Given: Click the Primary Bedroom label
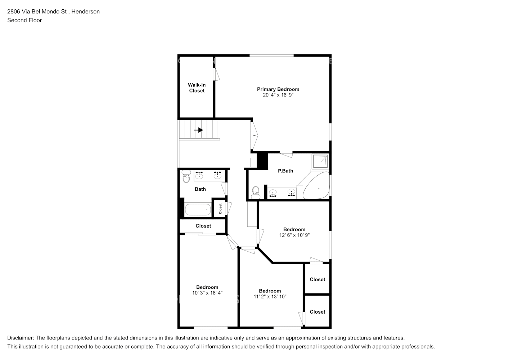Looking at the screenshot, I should (278, 89).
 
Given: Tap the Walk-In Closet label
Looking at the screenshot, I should (197, 88).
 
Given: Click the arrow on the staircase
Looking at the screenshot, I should (199, 130).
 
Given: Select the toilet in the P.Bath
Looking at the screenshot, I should (256, 192).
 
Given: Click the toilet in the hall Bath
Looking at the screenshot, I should (186, 177).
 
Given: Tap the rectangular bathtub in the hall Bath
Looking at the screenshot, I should (198, 210).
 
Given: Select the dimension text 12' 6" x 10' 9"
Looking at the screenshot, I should (294, 235).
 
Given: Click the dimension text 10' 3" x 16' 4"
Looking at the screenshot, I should (207, 293).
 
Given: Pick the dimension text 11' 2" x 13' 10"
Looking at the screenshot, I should (270, 297).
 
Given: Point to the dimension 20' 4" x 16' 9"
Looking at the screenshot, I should (278, 95).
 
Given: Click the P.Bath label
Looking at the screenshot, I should (285, 171).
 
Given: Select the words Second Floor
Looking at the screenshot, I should (24, 20).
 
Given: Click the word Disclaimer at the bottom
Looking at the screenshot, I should (20, 338).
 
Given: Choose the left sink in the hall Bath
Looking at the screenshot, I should (199, 175).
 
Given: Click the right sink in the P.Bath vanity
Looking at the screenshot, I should (291, 194).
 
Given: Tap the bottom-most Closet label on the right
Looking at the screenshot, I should (317, 312).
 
